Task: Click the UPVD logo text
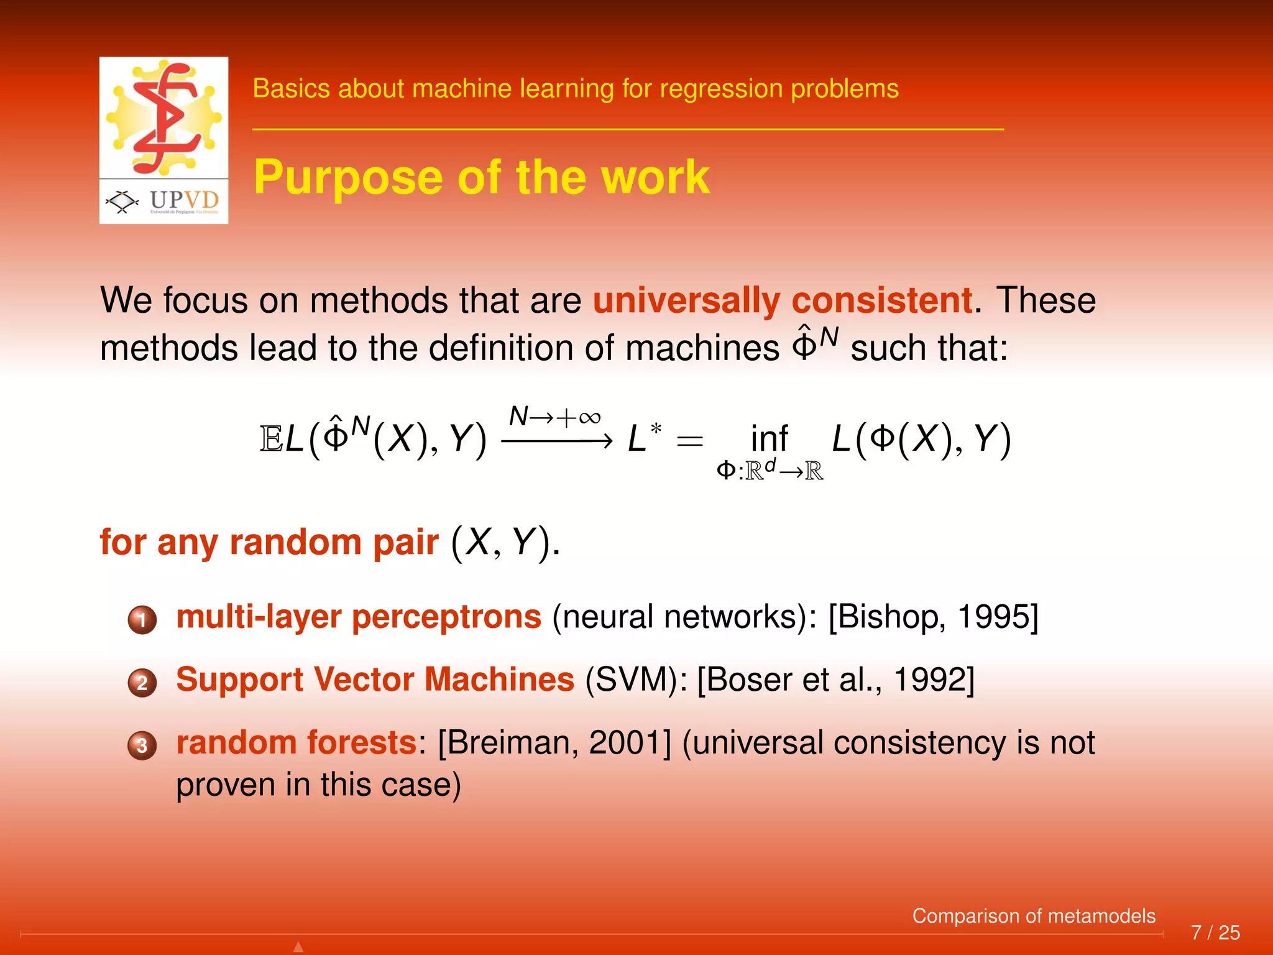pos(184,200)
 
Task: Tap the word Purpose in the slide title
pos(349,178)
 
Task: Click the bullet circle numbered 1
pos(142,619)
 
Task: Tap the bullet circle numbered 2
pos(142,683)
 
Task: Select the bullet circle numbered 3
pos(142,745)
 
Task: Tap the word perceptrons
pos(446,617)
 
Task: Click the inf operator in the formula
pos(769,439)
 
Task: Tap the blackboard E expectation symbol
pos(271,439)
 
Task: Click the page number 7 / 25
pos(1215,933)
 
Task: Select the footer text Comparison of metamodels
pos(1033,916)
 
